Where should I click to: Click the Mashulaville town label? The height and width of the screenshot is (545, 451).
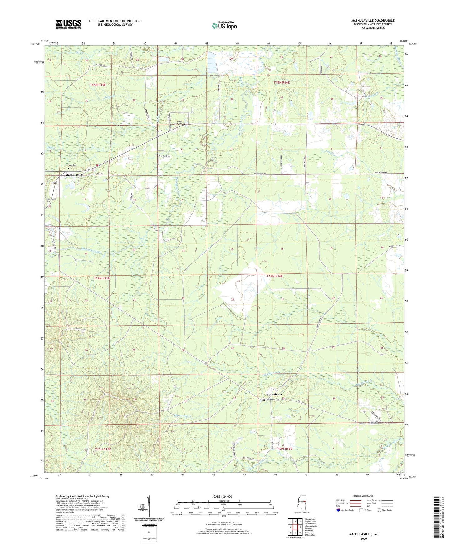(x=74, y=175)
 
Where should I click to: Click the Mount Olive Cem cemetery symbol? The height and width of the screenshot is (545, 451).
(x=184, y=124)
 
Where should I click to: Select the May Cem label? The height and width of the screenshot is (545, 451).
(x=73, y=166)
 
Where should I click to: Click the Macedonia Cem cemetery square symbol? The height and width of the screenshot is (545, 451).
(x=264, y=400)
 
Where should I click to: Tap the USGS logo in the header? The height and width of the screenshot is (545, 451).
(x=69, y=24)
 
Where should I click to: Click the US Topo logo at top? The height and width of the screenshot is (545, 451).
(x=224, y=26)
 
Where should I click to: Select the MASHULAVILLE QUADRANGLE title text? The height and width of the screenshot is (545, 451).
(x=373, y=21)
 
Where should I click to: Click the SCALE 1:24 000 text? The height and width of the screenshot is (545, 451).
(x=222, y=497)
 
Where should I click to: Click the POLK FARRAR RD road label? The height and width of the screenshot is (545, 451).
(x=380, y=173)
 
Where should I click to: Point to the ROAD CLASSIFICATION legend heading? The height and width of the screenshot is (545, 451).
(x=364, y=496)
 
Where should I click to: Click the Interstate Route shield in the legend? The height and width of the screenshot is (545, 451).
(x=338, y=510)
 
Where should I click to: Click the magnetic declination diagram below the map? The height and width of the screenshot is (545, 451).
(x=149, y=507)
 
